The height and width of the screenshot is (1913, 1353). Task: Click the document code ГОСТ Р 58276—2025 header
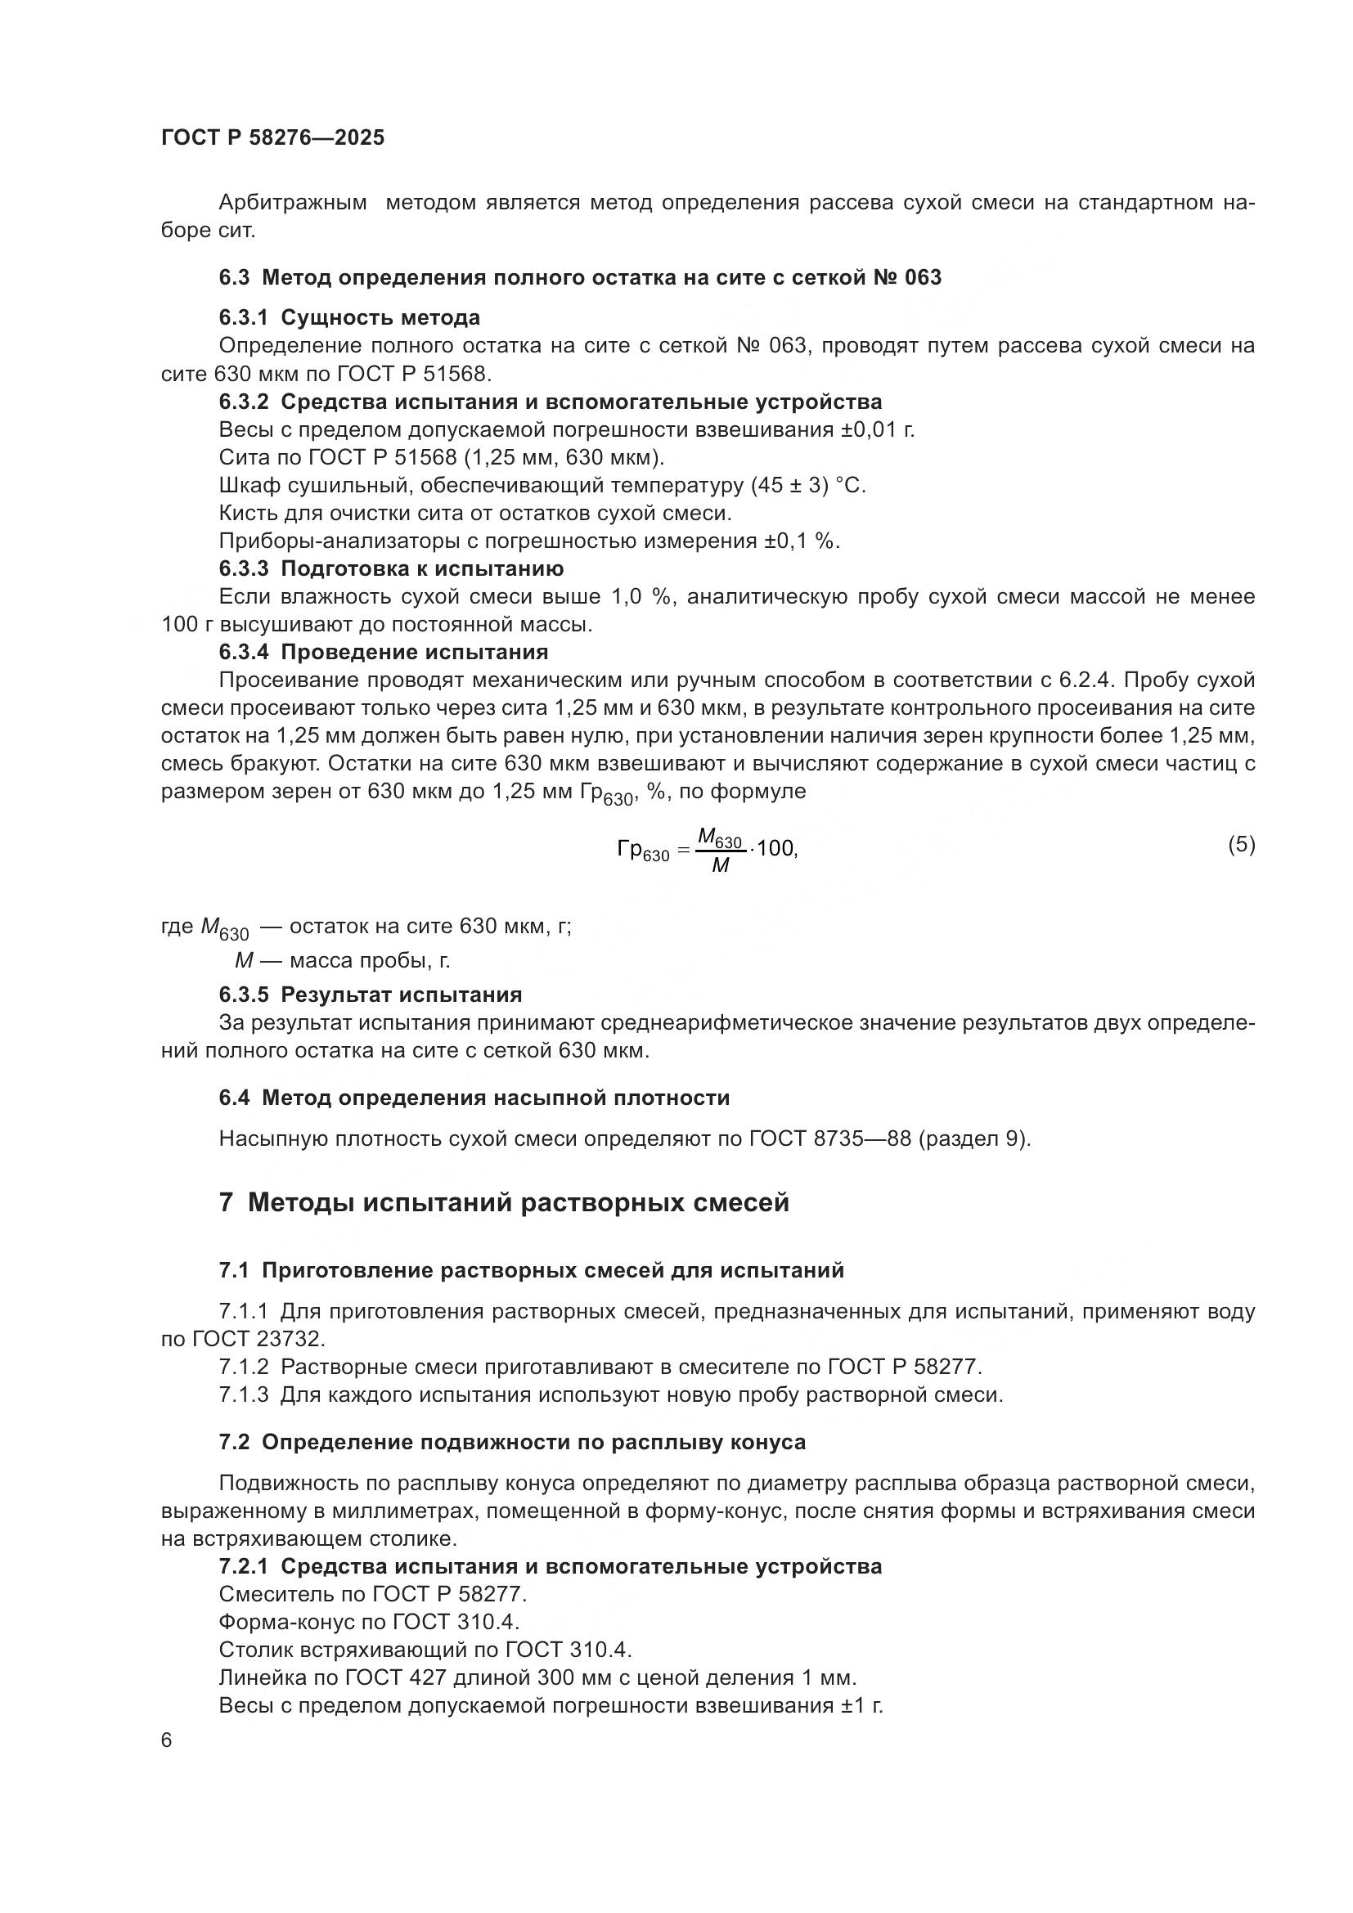click(x=272, y=138)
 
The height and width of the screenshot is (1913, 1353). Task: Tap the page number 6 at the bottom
click(x=167, y=1740)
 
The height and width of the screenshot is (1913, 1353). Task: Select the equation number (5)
click(x=1241, y=845)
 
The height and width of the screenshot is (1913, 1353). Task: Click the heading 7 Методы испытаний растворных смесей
click(x=504, y=1202)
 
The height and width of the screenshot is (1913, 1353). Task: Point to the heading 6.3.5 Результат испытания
click(x=371, y=994)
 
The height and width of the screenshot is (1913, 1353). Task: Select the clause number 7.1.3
click(x=244, y=1394)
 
